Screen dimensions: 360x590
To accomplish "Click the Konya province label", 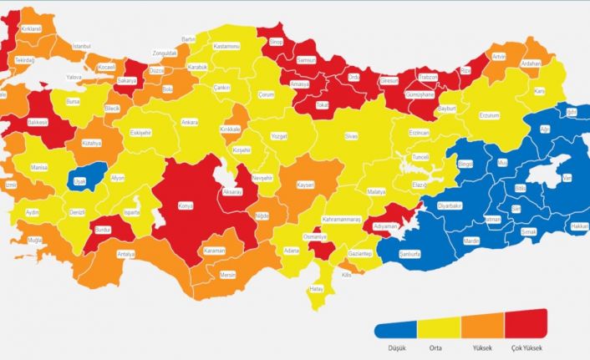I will pos(185,205).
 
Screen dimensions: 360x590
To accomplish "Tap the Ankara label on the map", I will pos(190,122).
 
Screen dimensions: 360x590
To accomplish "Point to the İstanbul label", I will pos(81,46).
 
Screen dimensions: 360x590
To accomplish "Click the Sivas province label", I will pos(350,135).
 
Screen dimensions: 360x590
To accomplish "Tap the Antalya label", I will pos(126,253).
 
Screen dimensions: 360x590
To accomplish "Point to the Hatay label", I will pos(316,289).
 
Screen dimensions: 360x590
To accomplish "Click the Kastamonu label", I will pos(226,46).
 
